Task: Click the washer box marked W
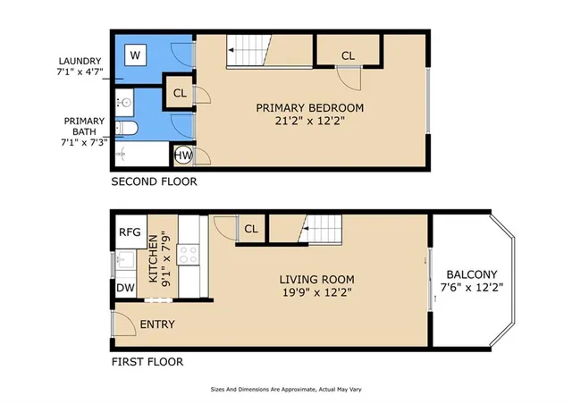point(137,55)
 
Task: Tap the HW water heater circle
point(182,156)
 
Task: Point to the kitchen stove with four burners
point(189,254)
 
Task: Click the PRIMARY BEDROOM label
point(310,108)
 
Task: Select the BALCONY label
point(473,274)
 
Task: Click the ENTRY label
point(157,324)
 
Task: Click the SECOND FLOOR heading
point(154,182)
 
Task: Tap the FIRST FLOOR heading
point(147,362)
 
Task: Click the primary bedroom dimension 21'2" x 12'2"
point(310,122)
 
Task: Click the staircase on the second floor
point(247,51)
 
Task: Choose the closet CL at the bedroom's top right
point(348,55)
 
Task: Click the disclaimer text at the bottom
point(285,390)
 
